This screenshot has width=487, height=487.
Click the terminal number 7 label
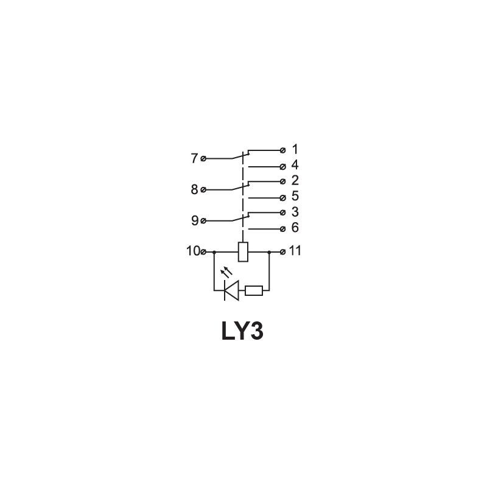(x=194, y=158)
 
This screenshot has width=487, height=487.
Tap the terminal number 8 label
(x=194, y=189)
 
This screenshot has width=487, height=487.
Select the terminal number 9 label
(x=194, y=220)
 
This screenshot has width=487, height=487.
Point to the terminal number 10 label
(x=193, y=251)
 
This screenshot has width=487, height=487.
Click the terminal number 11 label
(x=295, y=251)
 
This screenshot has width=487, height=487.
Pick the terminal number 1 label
(x=295, y=149)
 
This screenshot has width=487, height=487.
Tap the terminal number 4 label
(x=295, y=165)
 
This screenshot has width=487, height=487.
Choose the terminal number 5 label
(x=295, y=196)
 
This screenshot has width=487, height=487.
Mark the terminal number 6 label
(x=295, y=228)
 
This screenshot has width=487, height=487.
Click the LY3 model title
(x=242, y=331)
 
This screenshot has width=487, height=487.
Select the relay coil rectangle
(x=243, y=251)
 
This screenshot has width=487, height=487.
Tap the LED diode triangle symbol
(x=231, y=290)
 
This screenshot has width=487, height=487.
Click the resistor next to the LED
(x=254, y=291)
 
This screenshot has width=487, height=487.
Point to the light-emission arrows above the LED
(x=226, y=272)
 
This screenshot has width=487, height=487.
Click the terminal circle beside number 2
(x=282, y=181)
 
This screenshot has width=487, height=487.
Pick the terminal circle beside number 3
(x=282, y=212)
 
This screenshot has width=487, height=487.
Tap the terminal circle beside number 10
(x=203, y=252)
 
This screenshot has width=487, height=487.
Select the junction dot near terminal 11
(x=269, y=252)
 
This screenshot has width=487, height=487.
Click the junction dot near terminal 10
(x=214, y=252)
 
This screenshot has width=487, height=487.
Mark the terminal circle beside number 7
(x=203, y=159)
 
